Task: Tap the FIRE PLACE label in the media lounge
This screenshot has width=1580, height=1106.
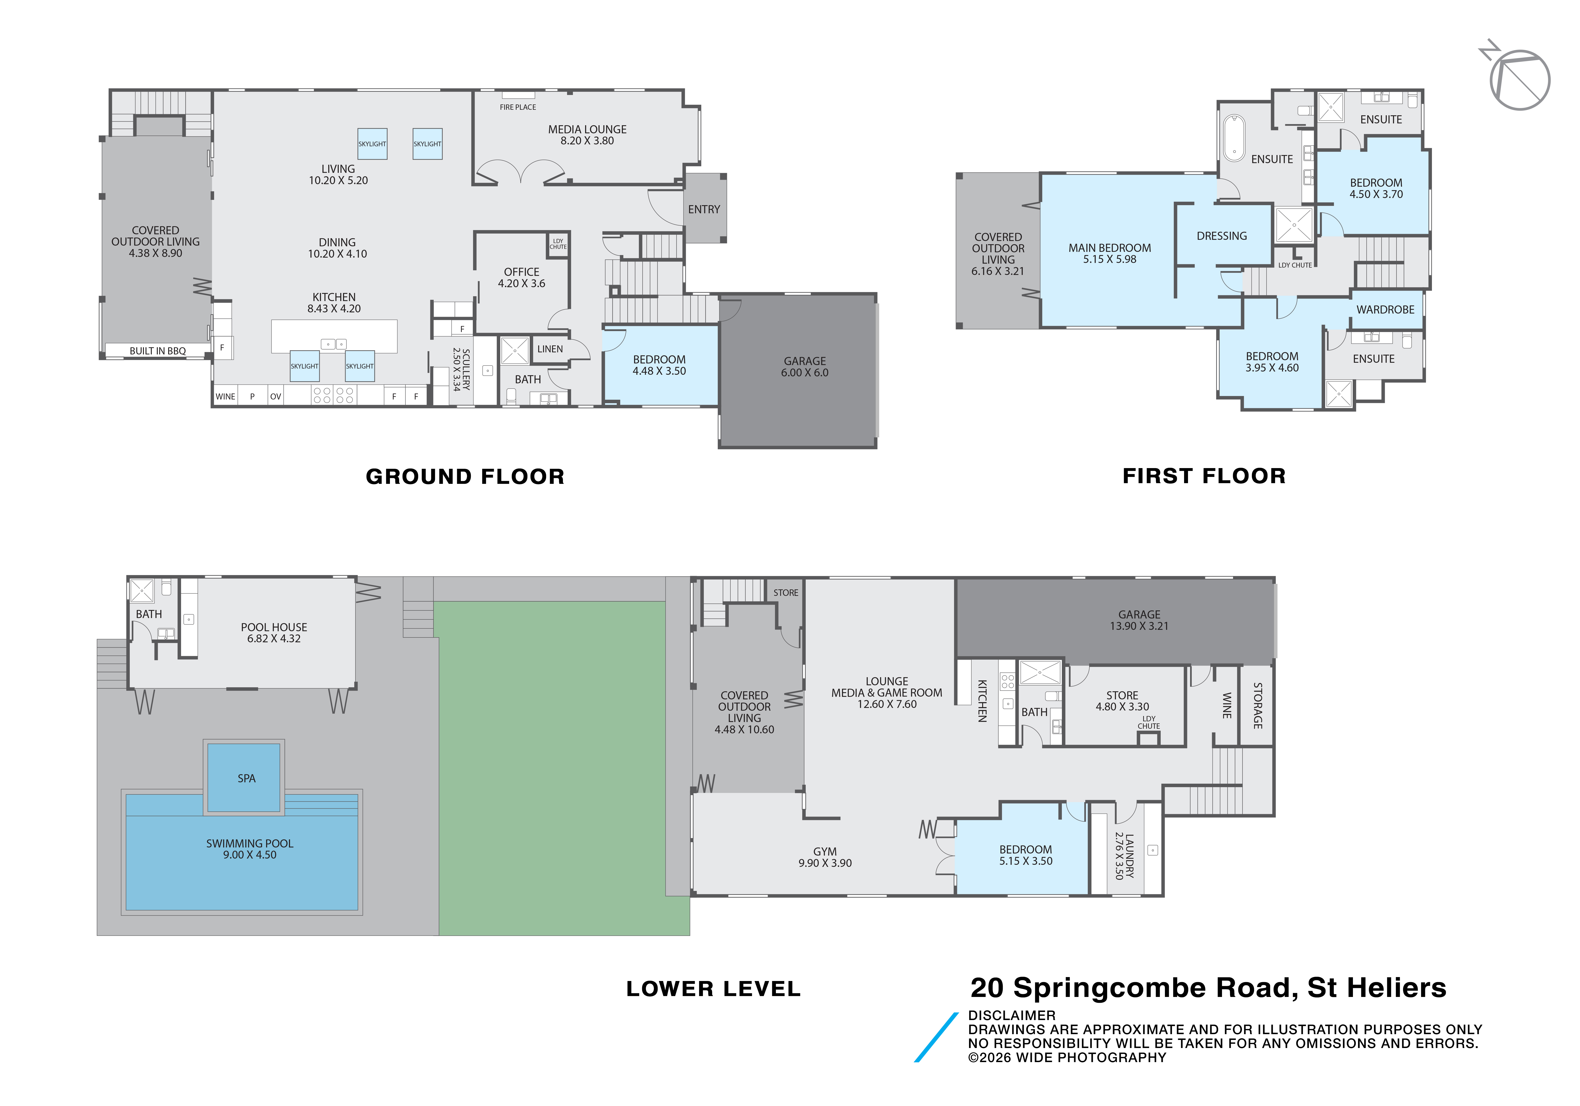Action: point(517,107)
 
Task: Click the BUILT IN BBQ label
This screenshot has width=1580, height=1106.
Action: point(158,351)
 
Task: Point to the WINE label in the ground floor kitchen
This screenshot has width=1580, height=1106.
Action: point(225,396)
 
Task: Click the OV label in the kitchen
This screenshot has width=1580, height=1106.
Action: point(275,396)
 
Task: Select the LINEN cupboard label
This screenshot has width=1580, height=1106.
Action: point(550,349)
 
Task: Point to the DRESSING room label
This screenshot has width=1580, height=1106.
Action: point(1221,236)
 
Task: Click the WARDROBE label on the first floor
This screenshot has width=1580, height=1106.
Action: point(1385,310)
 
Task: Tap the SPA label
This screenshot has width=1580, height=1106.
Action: point(246,778)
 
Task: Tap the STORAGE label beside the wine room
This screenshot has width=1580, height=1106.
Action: point(1257,705)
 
